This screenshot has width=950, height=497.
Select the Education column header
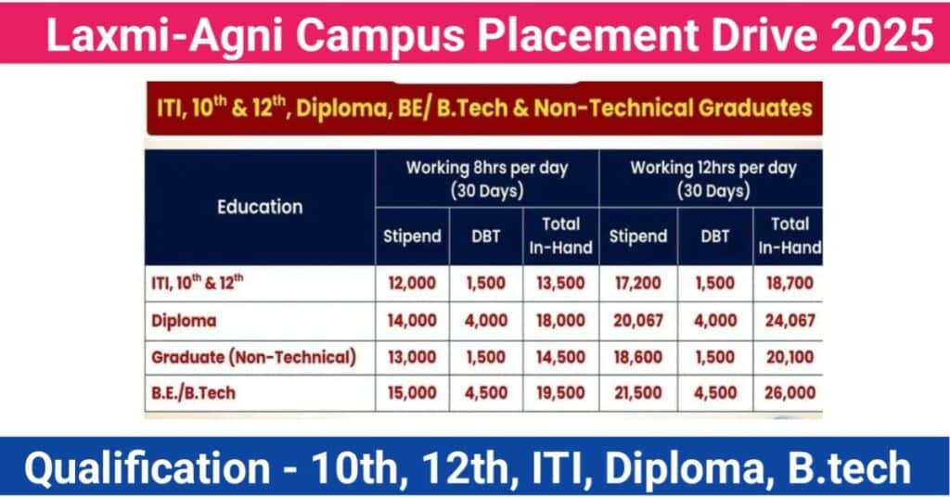coord(260,207)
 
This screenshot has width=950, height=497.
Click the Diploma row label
coord(184,321)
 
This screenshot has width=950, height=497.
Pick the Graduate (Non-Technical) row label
coord(254,357)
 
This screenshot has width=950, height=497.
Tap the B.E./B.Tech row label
coord(193,393)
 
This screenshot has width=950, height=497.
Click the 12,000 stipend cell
coord(412,284)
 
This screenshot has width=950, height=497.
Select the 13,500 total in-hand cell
coord(560,284)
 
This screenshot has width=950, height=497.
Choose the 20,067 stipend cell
coord(638,320)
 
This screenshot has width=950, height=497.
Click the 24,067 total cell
coord(790,320)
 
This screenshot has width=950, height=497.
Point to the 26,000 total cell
coord(790,393)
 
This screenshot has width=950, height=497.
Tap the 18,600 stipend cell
coord(638,357)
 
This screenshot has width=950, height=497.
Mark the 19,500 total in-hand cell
coord(560,393)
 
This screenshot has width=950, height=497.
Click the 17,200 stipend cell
coord(638,284)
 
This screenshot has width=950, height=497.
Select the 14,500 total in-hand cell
coord(560,357)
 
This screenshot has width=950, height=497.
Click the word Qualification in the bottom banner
coord(148,468)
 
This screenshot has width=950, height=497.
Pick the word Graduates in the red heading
coord(755,108)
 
